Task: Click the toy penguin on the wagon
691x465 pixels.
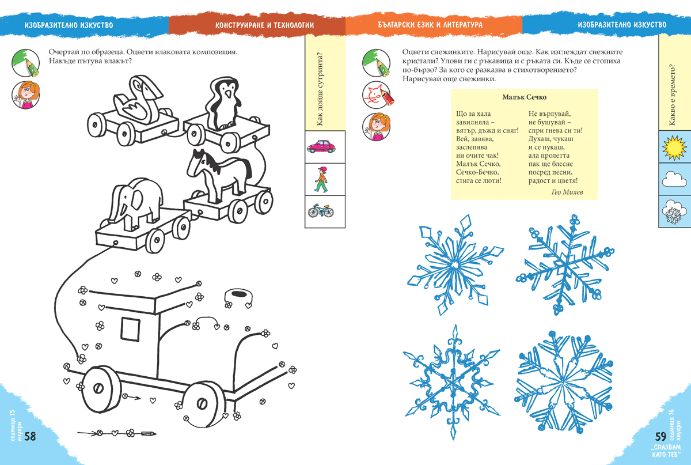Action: [x=223, y=104]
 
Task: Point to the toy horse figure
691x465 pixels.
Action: [x=218, y=175]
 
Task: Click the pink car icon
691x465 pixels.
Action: [x=321, y=146]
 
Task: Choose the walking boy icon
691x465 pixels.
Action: [x=321, y=180]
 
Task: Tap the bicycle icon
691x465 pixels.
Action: [x=321, y=211]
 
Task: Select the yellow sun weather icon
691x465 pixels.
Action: [x=674, y=148]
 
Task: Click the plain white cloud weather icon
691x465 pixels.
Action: [x=674, y=179]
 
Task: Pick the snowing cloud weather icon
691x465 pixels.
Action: [x=674, y=212]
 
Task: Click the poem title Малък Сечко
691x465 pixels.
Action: [x=524, y=97]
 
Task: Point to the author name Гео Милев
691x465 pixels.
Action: [x=567, y=192]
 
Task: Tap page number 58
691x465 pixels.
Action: [x=30, y=436]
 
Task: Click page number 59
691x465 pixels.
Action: [x=661, y=436]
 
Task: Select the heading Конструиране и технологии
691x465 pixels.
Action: [x=264, y=25]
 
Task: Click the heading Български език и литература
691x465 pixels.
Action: [x=430, y=25]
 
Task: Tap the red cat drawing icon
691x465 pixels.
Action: [x=378, y=95]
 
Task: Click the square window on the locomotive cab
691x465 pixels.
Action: [x=130, y=329]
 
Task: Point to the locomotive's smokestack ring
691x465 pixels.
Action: [x=238, y=296]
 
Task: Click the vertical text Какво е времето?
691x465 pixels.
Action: [x=672, y=95]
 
